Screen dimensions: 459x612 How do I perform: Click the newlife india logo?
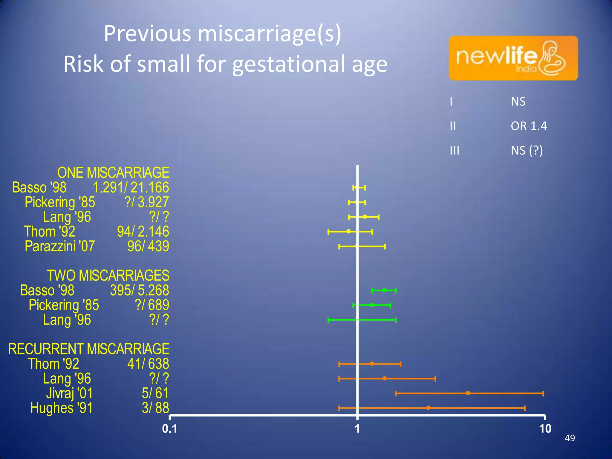click(513, 58)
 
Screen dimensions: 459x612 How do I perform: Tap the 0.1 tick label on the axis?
click(169, 429)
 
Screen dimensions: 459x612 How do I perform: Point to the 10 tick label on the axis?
click(545, 429)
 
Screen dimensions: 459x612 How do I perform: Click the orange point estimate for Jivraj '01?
click(468, 393)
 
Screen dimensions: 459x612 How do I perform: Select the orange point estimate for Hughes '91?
click(428, 408)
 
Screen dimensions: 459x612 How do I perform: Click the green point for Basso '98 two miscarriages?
click(385, 290)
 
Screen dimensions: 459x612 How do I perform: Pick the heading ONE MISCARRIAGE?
click(113, 173)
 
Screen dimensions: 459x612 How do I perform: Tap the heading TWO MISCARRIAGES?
click(108, 276)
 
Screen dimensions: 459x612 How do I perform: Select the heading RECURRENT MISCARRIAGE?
click(89, 349)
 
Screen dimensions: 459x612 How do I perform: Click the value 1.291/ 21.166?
click(131, 188)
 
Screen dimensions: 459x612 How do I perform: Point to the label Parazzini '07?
click(60, 246)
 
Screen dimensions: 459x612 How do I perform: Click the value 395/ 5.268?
click(140, 290)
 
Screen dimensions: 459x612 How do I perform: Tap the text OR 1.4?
click(529, 126)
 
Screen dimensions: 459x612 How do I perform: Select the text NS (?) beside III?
click(527, 151)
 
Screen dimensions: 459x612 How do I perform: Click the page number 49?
click(570, 438)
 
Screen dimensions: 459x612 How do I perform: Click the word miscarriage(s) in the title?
click(269, 33)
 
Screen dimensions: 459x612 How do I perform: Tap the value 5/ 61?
click(155, 393)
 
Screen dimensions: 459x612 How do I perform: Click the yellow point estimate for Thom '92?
click(348, 231)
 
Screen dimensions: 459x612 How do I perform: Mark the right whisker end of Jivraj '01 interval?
click(543, 393)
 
